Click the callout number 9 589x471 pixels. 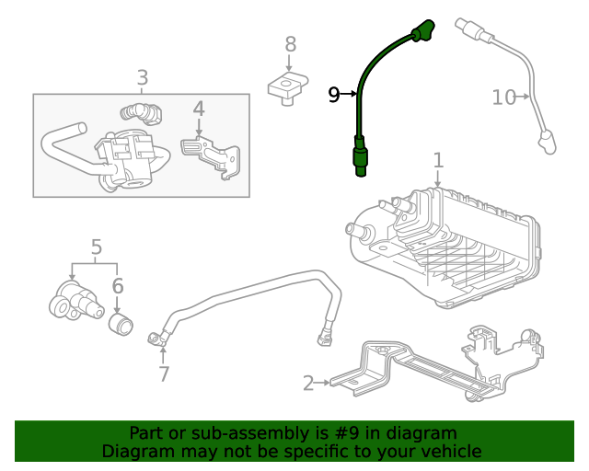pos(335,94)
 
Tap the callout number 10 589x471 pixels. pos(503,96)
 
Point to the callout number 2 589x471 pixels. pos(308,382)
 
